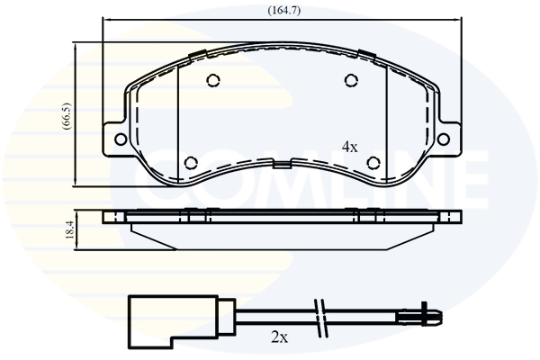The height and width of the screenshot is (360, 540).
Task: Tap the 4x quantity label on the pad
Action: pyautogui.click(x=350, y=146)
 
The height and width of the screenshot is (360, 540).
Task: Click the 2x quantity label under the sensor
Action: pyautogui.click(x=279, y=338)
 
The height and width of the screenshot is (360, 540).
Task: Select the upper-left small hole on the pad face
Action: pyautogui.click(x=213, y=80)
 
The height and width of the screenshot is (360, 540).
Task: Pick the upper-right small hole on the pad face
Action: pyautogui.click(x=350, y=81)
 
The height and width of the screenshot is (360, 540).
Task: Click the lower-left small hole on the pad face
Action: pyautogui.click(x=191, y=163)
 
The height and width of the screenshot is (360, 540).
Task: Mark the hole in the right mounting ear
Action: pyautogui.click(x=448, y=138)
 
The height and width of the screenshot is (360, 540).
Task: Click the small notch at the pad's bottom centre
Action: pyautogui.click(x=283, y=166)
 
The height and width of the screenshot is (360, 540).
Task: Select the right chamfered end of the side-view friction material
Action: pyautogui.click(x=430, y=229)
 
